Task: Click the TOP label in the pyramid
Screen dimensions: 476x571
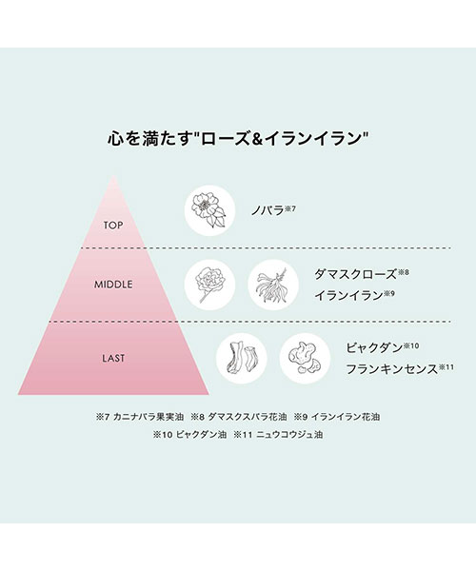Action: coord(113,226)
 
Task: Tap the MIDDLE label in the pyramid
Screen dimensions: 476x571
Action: coord(113,285)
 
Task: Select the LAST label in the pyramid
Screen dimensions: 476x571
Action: coord(113,358)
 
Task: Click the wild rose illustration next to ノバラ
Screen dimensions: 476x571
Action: coord(209,210)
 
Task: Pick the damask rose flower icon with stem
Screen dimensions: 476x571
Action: coord(209,285)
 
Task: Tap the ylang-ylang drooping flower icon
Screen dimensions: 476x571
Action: coord(273,285)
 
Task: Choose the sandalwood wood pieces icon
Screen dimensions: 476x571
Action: coord(242,359)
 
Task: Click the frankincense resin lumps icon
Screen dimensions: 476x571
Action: coord(305,359)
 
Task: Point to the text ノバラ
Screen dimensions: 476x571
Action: coord(268,210)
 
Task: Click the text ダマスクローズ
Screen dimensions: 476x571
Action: coord(355,274)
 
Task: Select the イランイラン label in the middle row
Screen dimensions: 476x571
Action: coord(348,295)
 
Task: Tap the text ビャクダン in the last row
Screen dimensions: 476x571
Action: coord(374,347)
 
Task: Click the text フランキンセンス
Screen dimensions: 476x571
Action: coord(391,369)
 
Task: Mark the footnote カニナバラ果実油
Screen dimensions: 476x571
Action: coord(149,417)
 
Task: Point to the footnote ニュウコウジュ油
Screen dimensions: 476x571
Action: coord(289,435)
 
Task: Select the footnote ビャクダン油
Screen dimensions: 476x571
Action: coord(201,435)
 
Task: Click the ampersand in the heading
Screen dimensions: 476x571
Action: coord(257,139)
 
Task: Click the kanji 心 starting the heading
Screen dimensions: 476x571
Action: coord(115,139)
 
